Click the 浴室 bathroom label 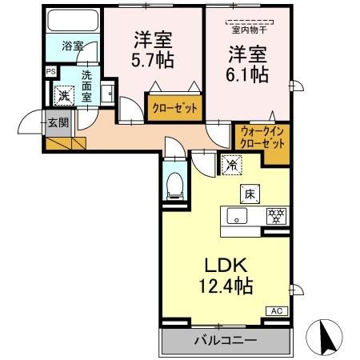[72, 46]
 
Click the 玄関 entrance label [57, 122]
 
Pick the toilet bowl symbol [176, 186]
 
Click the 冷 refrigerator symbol [230, 166]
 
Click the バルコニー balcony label [225, 340]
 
